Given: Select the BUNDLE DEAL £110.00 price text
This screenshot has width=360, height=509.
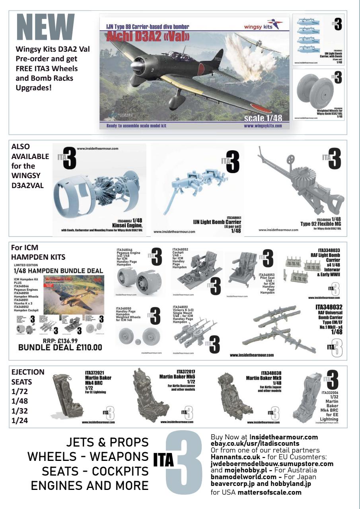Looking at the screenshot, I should click(x=60, y=347).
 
